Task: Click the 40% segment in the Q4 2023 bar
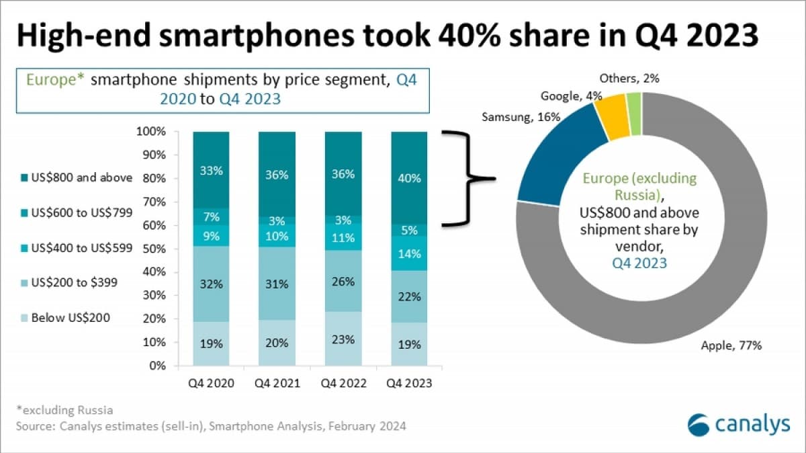point(409,178)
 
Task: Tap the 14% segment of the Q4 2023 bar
point(409,253)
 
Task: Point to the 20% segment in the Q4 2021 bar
point(277,343)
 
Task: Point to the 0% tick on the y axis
point(155,366)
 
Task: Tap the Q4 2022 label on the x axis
point(343,383)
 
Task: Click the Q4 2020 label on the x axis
point(211,383)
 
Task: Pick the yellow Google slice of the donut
point(612,118)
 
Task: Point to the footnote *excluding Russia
point(64,409)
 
